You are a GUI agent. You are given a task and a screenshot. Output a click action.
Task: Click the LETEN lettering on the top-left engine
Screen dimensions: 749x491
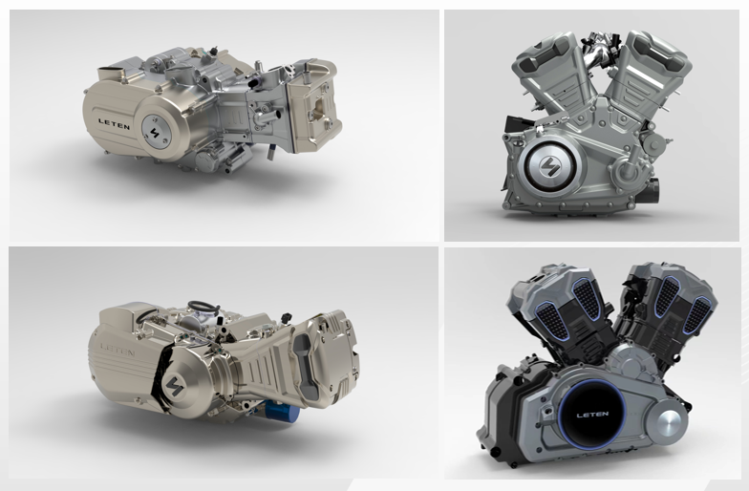(x=114, y=124)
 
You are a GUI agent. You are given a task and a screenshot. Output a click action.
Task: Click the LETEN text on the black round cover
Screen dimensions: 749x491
(x=592, y=415)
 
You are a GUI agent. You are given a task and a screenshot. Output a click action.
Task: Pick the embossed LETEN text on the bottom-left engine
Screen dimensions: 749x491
(x=118, y=350)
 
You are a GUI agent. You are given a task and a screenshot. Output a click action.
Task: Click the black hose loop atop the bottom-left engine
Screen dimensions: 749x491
(x=201, y=307)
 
